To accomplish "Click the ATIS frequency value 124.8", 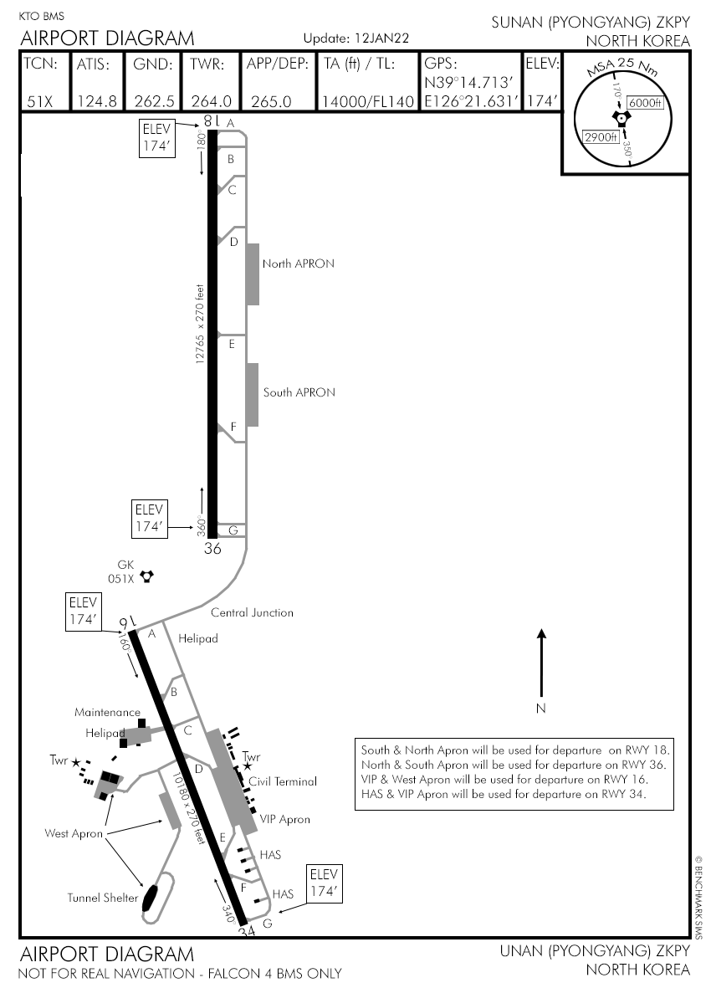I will pos(96,101).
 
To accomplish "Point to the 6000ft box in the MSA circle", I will pos(645,103).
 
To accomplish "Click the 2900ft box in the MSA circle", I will pos(600,137).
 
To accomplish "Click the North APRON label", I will pos(298,264).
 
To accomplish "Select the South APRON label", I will pos(299,392).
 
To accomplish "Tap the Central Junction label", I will pos(252,612).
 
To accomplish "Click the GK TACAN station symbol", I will pos(147,576).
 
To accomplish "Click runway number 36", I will pos(212,549).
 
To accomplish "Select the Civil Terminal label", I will pos(283,781).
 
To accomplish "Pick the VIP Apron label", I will pos(284,819).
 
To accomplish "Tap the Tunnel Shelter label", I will pos(102,898).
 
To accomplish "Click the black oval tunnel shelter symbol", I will pos(151,898).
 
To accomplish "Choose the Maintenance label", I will pos(107,713).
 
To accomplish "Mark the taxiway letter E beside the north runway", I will pos(232,344).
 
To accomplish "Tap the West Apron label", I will pos(74,833).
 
